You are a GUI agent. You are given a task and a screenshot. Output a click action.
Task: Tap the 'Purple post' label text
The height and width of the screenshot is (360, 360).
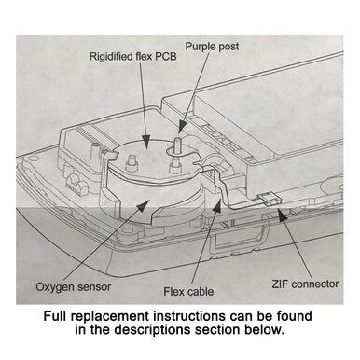[x=212, y=45]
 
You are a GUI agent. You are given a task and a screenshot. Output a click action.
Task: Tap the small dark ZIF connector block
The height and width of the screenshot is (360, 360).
[x=269, y=199]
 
